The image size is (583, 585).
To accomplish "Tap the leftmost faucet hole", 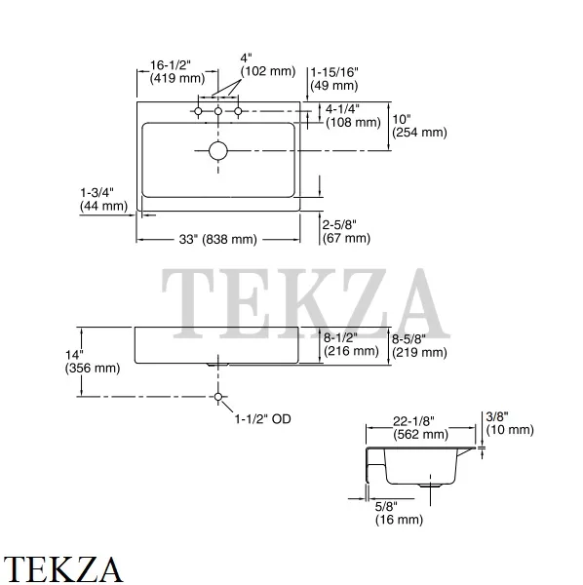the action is tap(198, 111).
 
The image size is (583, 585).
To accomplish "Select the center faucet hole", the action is tap(218, 111).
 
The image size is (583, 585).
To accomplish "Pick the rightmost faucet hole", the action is tap(238, 111).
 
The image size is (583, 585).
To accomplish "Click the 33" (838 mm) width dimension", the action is tap(217, 239).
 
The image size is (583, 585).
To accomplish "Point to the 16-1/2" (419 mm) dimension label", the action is tap(177, 71).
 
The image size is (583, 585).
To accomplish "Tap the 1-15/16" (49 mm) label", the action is tap(334, 79).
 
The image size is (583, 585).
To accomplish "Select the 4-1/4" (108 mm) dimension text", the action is tap(353, 116).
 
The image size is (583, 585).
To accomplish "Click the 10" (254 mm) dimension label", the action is tap(419, 126).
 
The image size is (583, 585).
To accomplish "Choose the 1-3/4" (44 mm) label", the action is tap(103, 199).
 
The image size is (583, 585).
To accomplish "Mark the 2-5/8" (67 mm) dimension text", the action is tap(346, 232).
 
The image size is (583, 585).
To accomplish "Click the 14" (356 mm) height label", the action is tap(93, 362).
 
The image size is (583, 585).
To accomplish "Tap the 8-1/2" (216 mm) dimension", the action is tap(351, 344).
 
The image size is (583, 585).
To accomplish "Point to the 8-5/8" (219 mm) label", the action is tap(419, 346).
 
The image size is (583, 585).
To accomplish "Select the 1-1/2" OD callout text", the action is tap(262, 419).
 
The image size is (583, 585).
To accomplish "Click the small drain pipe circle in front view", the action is tap(218, 397).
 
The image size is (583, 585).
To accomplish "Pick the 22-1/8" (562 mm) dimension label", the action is tap(420, 428).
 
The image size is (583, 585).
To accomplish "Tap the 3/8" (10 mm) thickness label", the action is tap(510, 423).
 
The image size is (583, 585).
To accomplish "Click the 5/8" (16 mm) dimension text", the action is tap(399, 513).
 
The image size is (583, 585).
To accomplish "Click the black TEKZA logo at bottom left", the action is tap(63, 569).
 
